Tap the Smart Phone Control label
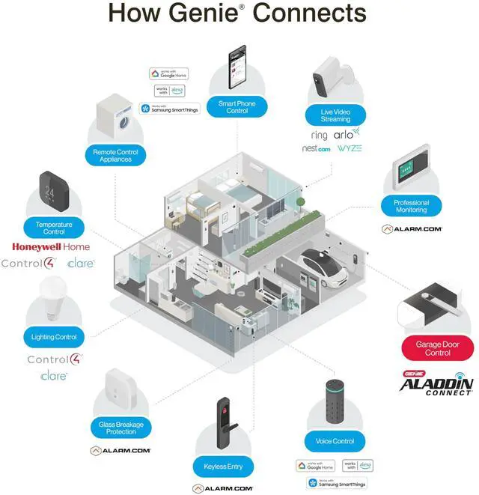coord(237,107)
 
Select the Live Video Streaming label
coord(335,115)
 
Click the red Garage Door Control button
coord(438,348)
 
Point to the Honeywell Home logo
coord(50,246)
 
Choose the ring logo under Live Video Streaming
coord(320,135)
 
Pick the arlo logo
coord(347,134)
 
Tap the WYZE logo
coord(350,148)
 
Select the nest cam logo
coord(316,149)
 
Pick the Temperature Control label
coord(55,228)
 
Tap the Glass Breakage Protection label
coord(121,428)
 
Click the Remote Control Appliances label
coord(115,156)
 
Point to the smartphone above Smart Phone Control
coord(237,69)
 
